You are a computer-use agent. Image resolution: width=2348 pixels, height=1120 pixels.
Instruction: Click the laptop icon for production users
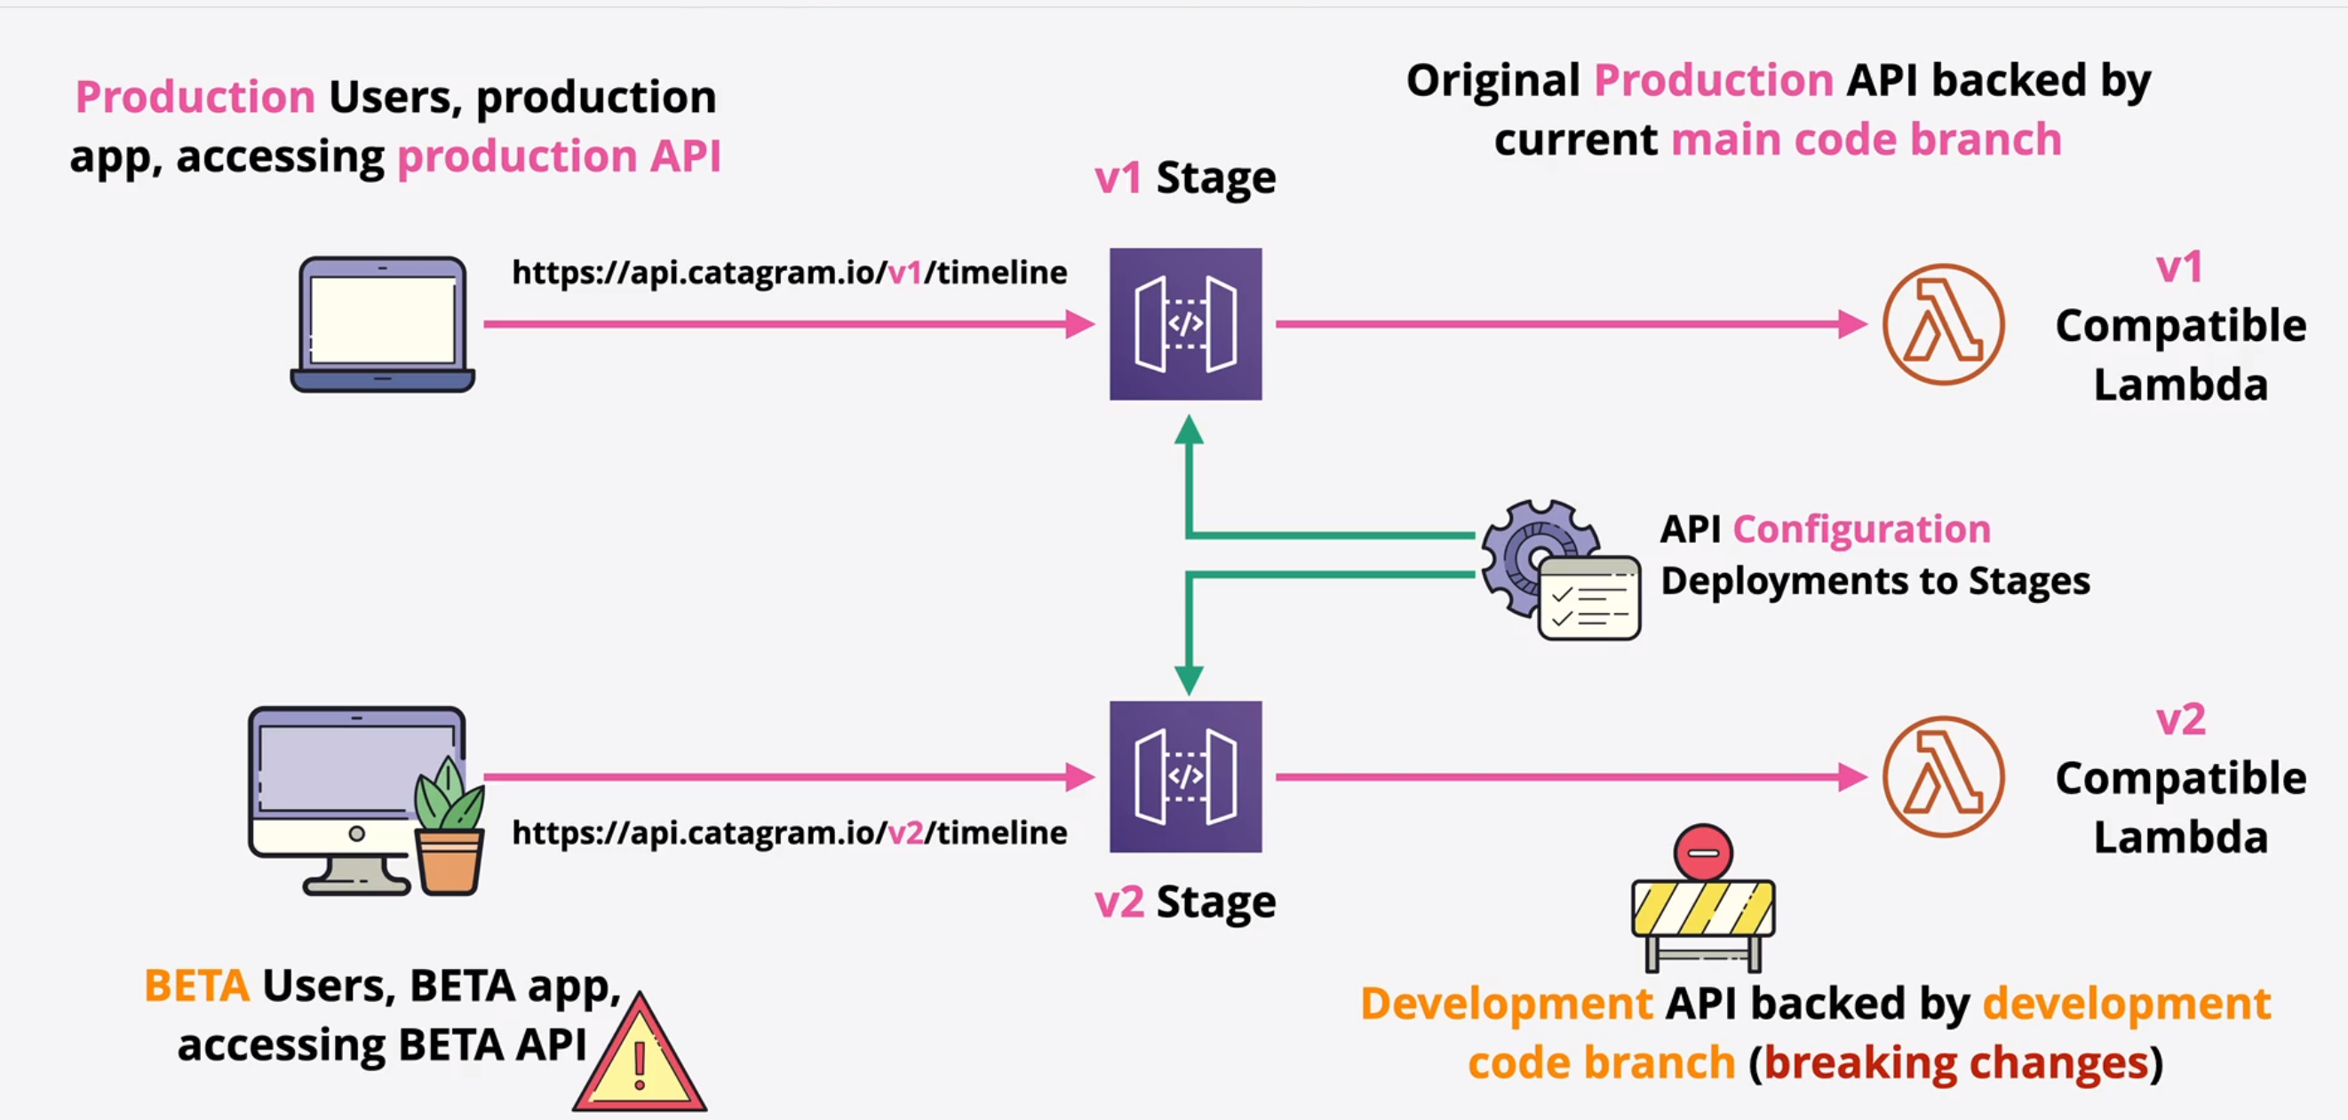click(x=382, y=324)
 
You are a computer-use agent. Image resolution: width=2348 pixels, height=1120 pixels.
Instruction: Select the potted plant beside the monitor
click(x=450, y=830)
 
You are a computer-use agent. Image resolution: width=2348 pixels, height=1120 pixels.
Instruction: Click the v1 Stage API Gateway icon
click(x=1185, y=323)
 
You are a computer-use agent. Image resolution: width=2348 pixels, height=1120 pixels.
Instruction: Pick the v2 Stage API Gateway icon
click(x=1185, y=776)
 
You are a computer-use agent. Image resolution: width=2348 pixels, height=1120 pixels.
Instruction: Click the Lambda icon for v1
click(x=1943, y=324)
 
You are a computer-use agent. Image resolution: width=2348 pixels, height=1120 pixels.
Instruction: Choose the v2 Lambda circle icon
click(x=1943, y=776)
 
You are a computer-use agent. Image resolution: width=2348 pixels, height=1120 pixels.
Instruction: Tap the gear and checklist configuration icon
click(x=1558, y=569)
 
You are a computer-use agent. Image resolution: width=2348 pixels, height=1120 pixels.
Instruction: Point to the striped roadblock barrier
click(x=1703, y=911)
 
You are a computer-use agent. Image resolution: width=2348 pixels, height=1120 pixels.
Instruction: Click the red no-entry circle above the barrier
click(x=1703, y=852)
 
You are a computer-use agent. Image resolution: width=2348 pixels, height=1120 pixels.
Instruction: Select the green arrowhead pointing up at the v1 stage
click(x=1189, y=429)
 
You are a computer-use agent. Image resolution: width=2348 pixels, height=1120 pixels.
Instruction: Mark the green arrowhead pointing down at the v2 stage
click(x=1189, y=679)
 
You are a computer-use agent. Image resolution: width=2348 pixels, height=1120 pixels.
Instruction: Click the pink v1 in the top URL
click(x=904, y=273)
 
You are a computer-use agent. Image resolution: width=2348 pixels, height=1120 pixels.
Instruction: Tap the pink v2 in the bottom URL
click(x=904, y=832)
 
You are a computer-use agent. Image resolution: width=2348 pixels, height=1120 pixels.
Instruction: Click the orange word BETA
click(x=197, y=986)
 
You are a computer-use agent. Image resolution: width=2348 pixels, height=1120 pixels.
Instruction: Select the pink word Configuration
click(x=1861, y=528)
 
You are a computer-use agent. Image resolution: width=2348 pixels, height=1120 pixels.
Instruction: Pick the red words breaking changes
click(x=1956, y=1062)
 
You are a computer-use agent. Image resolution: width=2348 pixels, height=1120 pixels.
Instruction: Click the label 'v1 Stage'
click(x=1185, y=177)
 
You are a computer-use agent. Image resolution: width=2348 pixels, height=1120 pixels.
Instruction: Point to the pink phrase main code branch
click(x=1866, y=139)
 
